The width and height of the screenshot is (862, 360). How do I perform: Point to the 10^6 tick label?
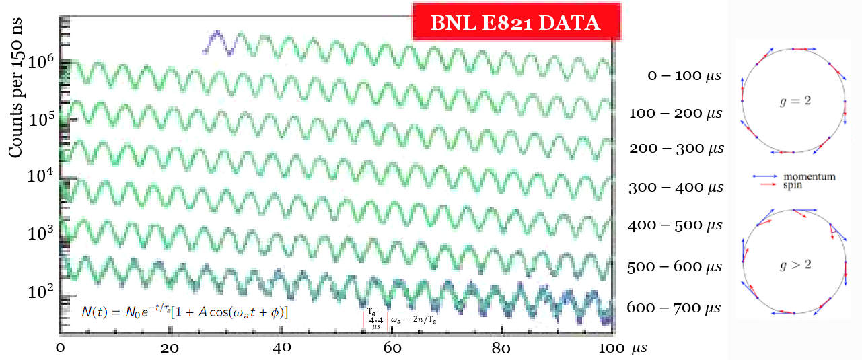pyautogui.click(x=41, y=63)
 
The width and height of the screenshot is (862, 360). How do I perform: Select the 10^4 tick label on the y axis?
pyautogui.click(x=41, y=178)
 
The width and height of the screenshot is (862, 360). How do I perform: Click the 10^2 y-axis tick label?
pyautogui.click(x=41, y=293)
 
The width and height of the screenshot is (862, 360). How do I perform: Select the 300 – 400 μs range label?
pyautogui.click(x=675, y=188)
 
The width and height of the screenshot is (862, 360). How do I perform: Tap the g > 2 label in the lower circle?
pyautogui.click(x=792, y=264)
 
